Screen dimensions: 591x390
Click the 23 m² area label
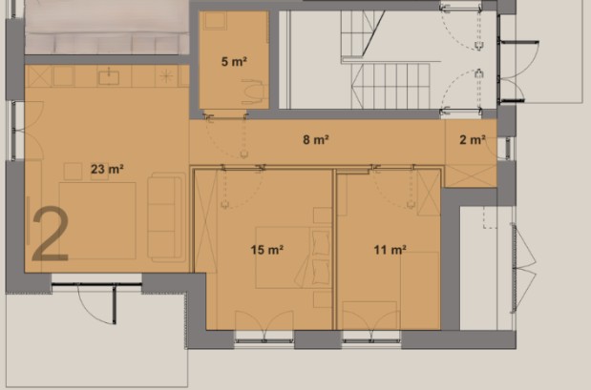click(107, 169)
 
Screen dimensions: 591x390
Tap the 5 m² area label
click(234, 61)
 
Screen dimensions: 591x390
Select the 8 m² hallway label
click(316, 139)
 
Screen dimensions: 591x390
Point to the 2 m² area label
click(473, 139)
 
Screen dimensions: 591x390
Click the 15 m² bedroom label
click(266, 250)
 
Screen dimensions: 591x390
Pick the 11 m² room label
click(390, 250)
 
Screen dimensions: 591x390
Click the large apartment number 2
click(51, 234)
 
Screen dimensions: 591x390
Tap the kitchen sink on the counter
click(109, 77)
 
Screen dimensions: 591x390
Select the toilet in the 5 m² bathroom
click(252, 92)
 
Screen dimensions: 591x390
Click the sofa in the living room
click(166, 217)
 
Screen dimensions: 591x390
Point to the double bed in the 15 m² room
click(293, 257)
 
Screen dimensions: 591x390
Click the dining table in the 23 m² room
click(97, 220)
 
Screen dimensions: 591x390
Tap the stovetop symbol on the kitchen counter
click(166, 76)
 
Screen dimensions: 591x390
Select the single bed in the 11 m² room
click(420, 290)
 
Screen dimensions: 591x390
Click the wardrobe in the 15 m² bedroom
click(206, 221)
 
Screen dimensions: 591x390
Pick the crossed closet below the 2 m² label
click(471, 175)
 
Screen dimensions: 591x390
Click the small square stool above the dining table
click(73, 172)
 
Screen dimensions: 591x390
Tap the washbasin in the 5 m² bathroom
click(215, 21)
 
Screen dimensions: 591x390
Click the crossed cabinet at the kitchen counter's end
click(37, 76)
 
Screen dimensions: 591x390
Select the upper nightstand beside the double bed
click(323, 216)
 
